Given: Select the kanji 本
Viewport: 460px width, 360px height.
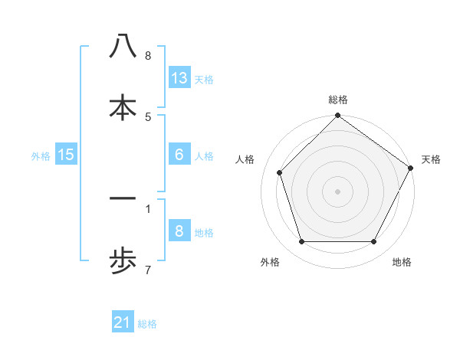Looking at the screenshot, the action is click(x=123, y=107).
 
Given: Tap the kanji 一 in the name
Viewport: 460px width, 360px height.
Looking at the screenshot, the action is click(x=123, y=199).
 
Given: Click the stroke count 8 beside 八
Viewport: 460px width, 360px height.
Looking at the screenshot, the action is click(x=148, y=55).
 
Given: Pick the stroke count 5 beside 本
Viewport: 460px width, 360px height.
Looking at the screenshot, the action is click(x=148, y=116).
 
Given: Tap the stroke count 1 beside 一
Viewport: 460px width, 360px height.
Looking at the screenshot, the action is click(x=148, y=208).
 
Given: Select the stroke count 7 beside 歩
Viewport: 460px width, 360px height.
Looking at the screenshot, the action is click(x=148, y=269).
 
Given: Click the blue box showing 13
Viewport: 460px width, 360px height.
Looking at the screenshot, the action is click(x=179, y=78).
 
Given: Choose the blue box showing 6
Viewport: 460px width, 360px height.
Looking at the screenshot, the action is click(x=179, y=155).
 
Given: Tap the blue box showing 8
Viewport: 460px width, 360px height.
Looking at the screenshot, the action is click(x=179, y=231).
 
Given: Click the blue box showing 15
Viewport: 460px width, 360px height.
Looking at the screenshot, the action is click(x=66, y=155).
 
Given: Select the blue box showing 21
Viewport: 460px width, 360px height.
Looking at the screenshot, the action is click(x=123, y=323).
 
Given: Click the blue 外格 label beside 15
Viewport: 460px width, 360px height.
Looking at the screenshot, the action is click(x=41, y=155).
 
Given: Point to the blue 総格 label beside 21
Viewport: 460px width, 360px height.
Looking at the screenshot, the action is click(x=147, y=324).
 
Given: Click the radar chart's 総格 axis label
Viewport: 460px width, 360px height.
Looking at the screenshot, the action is click(x=338, y=100).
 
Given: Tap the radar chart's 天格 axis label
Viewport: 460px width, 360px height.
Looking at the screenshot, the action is click(x=431, y=159).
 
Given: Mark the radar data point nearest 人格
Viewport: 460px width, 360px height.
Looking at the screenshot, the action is click(x=280, y=172).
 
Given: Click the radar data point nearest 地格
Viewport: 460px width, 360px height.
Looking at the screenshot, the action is click(x=373, y=241).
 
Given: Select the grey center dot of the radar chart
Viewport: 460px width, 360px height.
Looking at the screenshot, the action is click(x=338, y=191).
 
